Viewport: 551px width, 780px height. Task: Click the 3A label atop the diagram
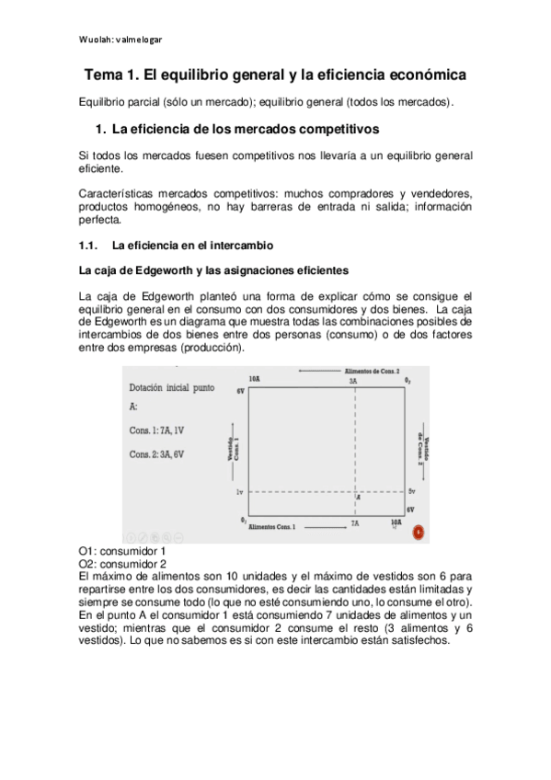pos(352,380)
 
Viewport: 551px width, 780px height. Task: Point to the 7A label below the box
pos(354,522)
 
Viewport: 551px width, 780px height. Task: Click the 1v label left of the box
pos(239,492)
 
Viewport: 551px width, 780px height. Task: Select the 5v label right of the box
pos(412,492)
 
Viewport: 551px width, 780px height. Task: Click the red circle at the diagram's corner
pos(419,531)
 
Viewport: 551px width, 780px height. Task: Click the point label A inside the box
pos(357,498)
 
